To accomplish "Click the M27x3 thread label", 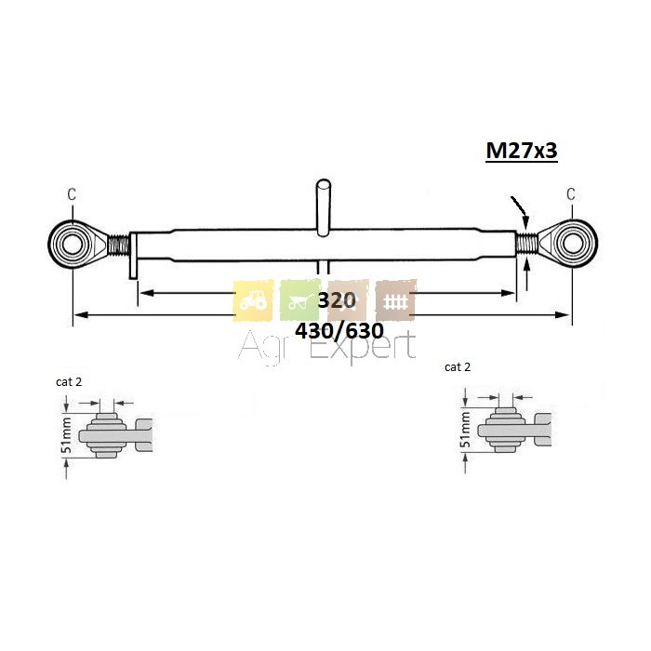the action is point(522,151).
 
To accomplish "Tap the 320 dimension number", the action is point(337,299).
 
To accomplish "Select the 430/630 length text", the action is point(339,331).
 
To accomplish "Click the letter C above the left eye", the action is point(72,193).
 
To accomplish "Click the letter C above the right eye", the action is point(571,193).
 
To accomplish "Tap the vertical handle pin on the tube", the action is point(324,207).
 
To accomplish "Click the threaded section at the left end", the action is point(119,245).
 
